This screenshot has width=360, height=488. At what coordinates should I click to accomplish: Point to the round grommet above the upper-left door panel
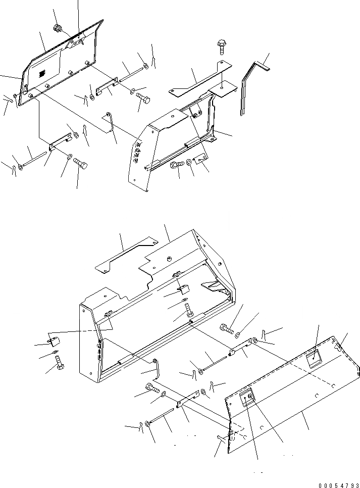[x=57, y=28]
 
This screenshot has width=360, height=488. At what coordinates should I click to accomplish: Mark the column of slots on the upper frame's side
[x=138, y=152]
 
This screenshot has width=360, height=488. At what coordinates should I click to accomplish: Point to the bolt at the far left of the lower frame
[x=59, y=365]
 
